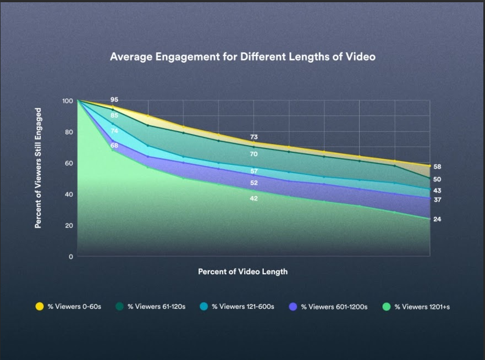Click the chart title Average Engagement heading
click(x=242, y=57)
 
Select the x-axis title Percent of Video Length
click(x=242, y=272)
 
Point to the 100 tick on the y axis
click(x=67, y=101)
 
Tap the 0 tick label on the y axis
click(x=70, y=257)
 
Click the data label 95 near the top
click(x=114, y=100)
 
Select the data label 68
click(x=114, y=146)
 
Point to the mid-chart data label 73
click(x=253, y=137)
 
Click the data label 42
click(x=253, y=198)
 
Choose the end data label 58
click(x=437, y=167)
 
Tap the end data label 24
click(x=437, y=219)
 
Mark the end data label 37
click(x=437, y=200)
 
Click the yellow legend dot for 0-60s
click(x=40, y=307)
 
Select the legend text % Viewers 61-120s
click(x=156, y=307)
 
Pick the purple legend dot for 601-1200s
click(x=293, y=307)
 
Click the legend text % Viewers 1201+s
click(x=422, y=307)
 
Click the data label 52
click(x=253, y=182)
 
